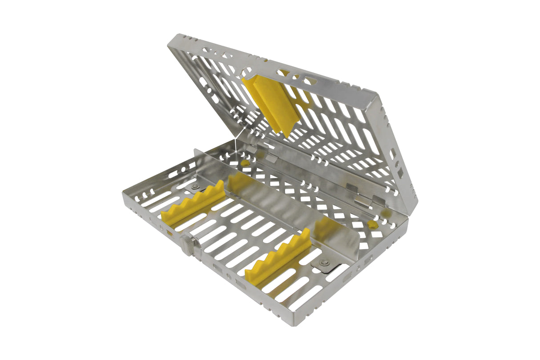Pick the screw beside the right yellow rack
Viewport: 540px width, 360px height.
[325, 263]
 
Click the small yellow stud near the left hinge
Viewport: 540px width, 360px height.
[244, 163]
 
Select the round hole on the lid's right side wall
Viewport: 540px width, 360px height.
[393, 155]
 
